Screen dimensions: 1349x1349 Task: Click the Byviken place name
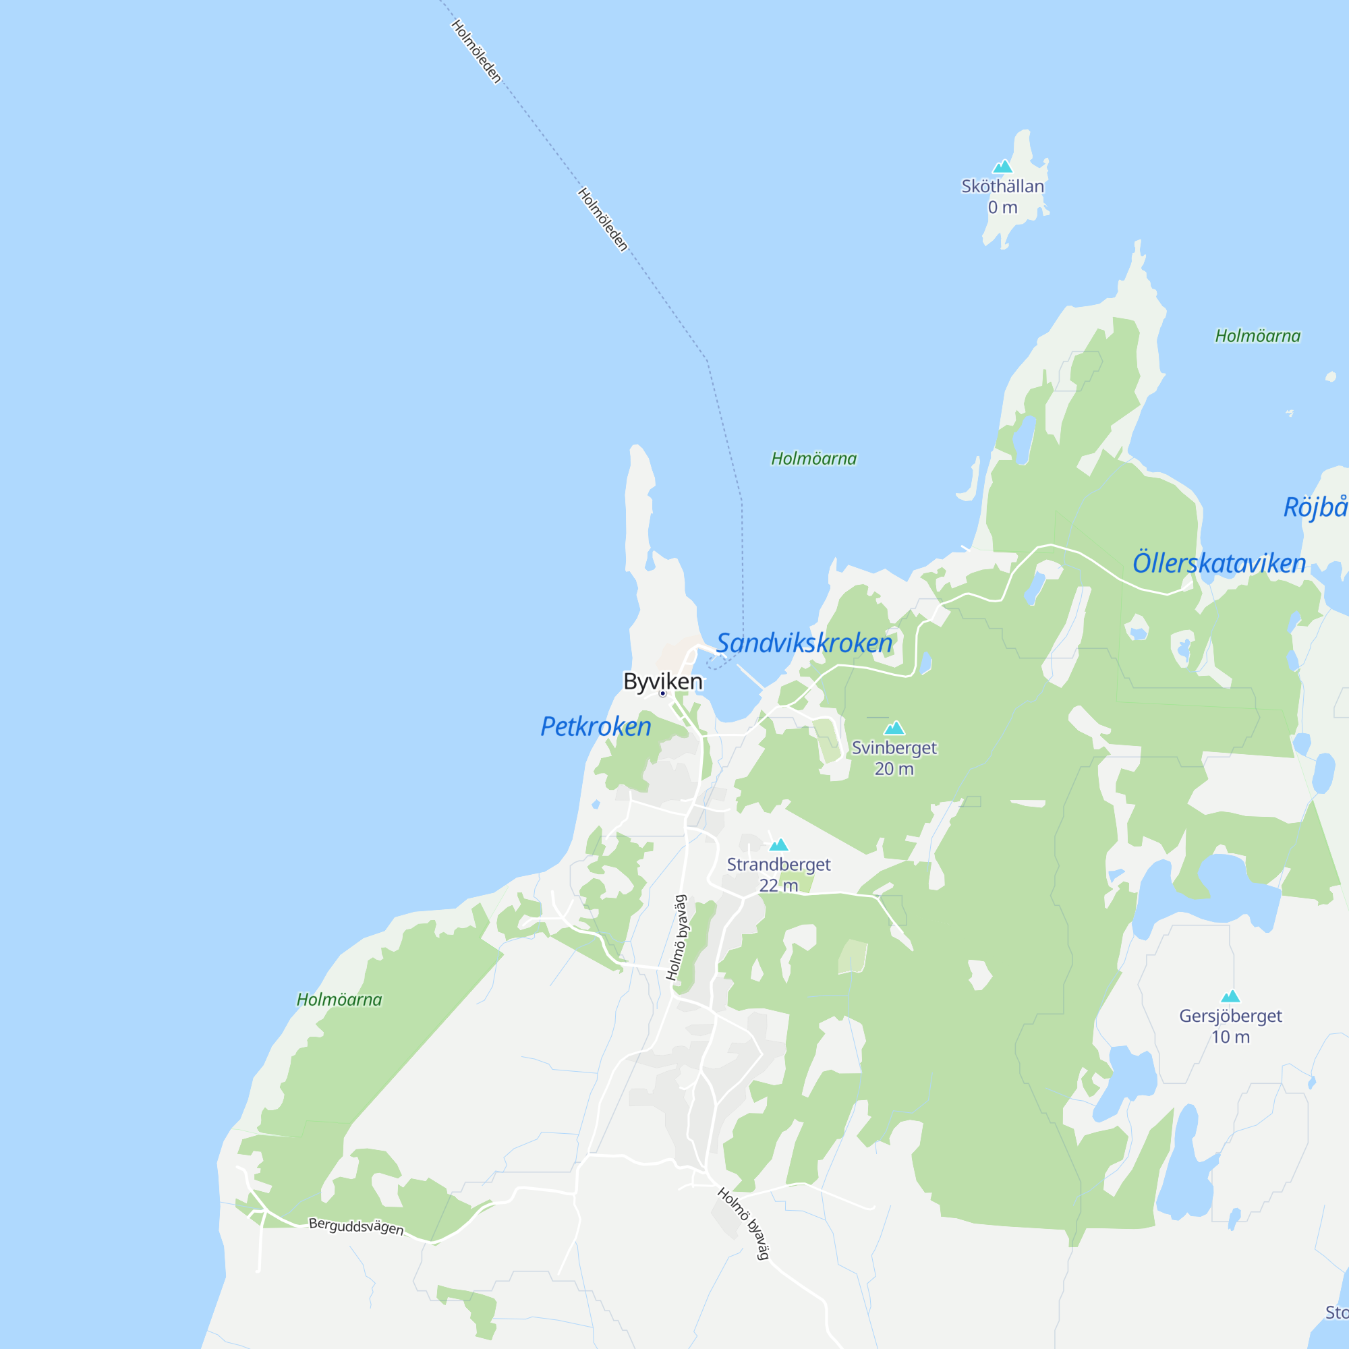(x=662, y=681)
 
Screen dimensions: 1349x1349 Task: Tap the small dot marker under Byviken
(x=662, y=693)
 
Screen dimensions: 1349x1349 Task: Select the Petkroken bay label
(x=596, y=726)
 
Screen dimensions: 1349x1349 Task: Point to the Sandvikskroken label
(x=805, y=642)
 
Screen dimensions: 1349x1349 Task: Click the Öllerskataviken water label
(x=1218, y=563)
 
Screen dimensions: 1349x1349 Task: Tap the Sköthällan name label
(x=1002, y=186)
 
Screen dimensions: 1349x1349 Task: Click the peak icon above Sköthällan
(x=1002, y=166)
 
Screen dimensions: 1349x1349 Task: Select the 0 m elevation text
(x=1002, y=207)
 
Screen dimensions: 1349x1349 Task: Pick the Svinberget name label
(x=894, y=748)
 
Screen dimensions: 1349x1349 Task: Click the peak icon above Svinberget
(x=894, y=728)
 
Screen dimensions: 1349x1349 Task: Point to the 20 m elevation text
(x=894, y=769)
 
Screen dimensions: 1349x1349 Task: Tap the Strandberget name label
(x=778, y=865)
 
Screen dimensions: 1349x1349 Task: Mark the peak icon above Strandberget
(x=778, y=845)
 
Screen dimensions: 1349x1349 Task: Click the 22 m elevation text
(x=778, y=886)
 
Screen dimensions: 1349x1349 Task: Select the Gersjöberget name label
(x=1230, y=1016)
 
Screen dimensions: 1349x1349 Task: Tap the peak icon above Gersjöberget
(x=1230, y=996)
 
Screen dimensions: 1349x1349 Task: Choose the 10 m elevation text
(x=1230, y=1037)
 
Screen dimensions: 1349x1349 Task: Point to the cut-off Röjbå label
(x=1315, y=507)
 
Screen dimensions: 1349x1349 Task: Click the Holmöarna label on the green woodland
(x=339, y=999)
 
